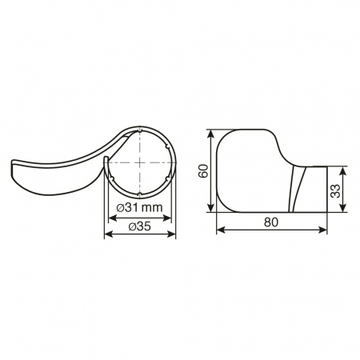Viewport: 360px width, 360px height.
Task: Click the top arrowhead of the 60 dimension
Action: tap(212, 131)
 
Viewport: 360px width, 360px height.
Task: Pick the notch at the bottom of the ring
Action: tap(140, 194)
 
